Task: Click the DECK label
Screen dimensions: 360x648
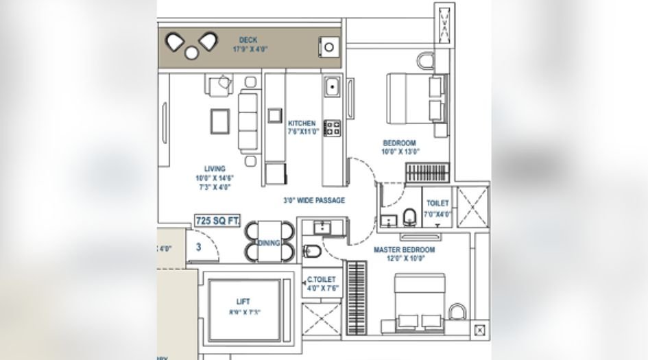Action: [248, 40]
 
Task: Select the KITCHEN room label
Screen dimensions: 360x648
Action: [302, 124]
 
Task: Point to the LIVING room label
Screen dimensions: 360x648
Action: [215, 168]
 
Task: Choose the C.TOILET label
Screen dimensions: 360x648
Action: [321, 280]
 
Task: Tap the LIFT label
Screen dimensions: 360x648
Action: [243, 302]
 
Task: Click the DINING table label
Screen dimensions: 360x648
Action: [268, 243]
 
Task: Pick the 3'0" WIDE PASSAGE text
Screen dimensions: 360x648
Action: [314, 201]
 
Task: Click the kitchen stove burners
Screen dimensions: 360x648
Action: [333, 127]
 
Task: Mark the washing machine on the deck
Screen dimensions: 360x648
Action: [330, 47]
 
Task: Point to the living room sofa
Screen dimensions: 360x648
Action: [248, 122]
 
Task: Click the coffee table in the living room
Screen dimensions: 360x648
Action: [220, 122]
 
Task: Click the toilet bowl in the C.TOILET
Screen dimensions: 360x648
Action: [309, 250]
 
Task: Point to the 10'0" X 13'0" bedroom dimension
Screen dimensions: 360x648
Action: [400, 152]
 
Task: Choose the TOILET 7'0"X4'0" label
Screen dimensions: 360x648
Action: [438, 208]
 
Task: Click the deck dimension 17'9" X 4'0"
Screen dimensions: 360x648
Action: [248, 49]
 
